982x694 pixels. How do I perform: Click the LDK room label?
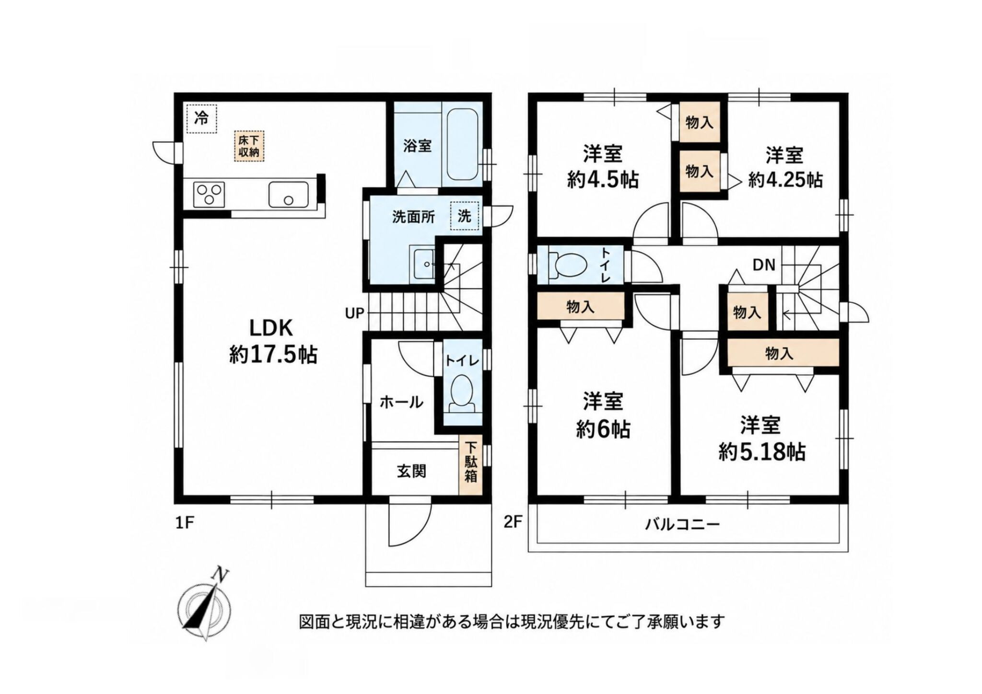point(270,328)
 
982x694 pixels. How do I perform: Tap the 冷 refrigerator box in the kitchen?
point(201,118)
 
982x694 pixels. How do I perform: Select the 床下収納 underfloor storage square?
point(249,145)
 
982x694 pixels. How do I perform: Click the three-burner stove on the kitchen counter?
point(209,195)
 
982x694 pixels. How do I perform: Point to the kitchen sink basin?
point(288,195)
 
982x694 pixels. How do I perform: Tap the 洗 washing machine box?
point(464,217)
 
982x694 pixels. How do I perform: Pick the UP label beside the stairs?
point(355,314)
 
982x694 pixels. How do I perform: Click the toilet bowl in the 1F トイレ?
point(463,393)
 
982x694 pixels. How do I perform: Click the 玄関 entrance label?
point(411,472)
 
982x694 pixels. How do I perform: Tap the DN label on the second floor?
point(764,265)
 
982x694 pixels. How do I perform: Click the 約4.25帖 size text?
point(785,180)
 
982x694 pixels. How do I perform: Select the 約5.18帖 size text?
point(761,451)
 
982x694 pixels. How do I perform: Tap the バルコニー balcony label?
point(682,524)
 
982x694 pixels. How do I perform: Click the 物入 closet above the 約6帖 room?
point(580,306)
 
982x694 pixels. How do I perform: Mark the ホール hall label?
point(401,402)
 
